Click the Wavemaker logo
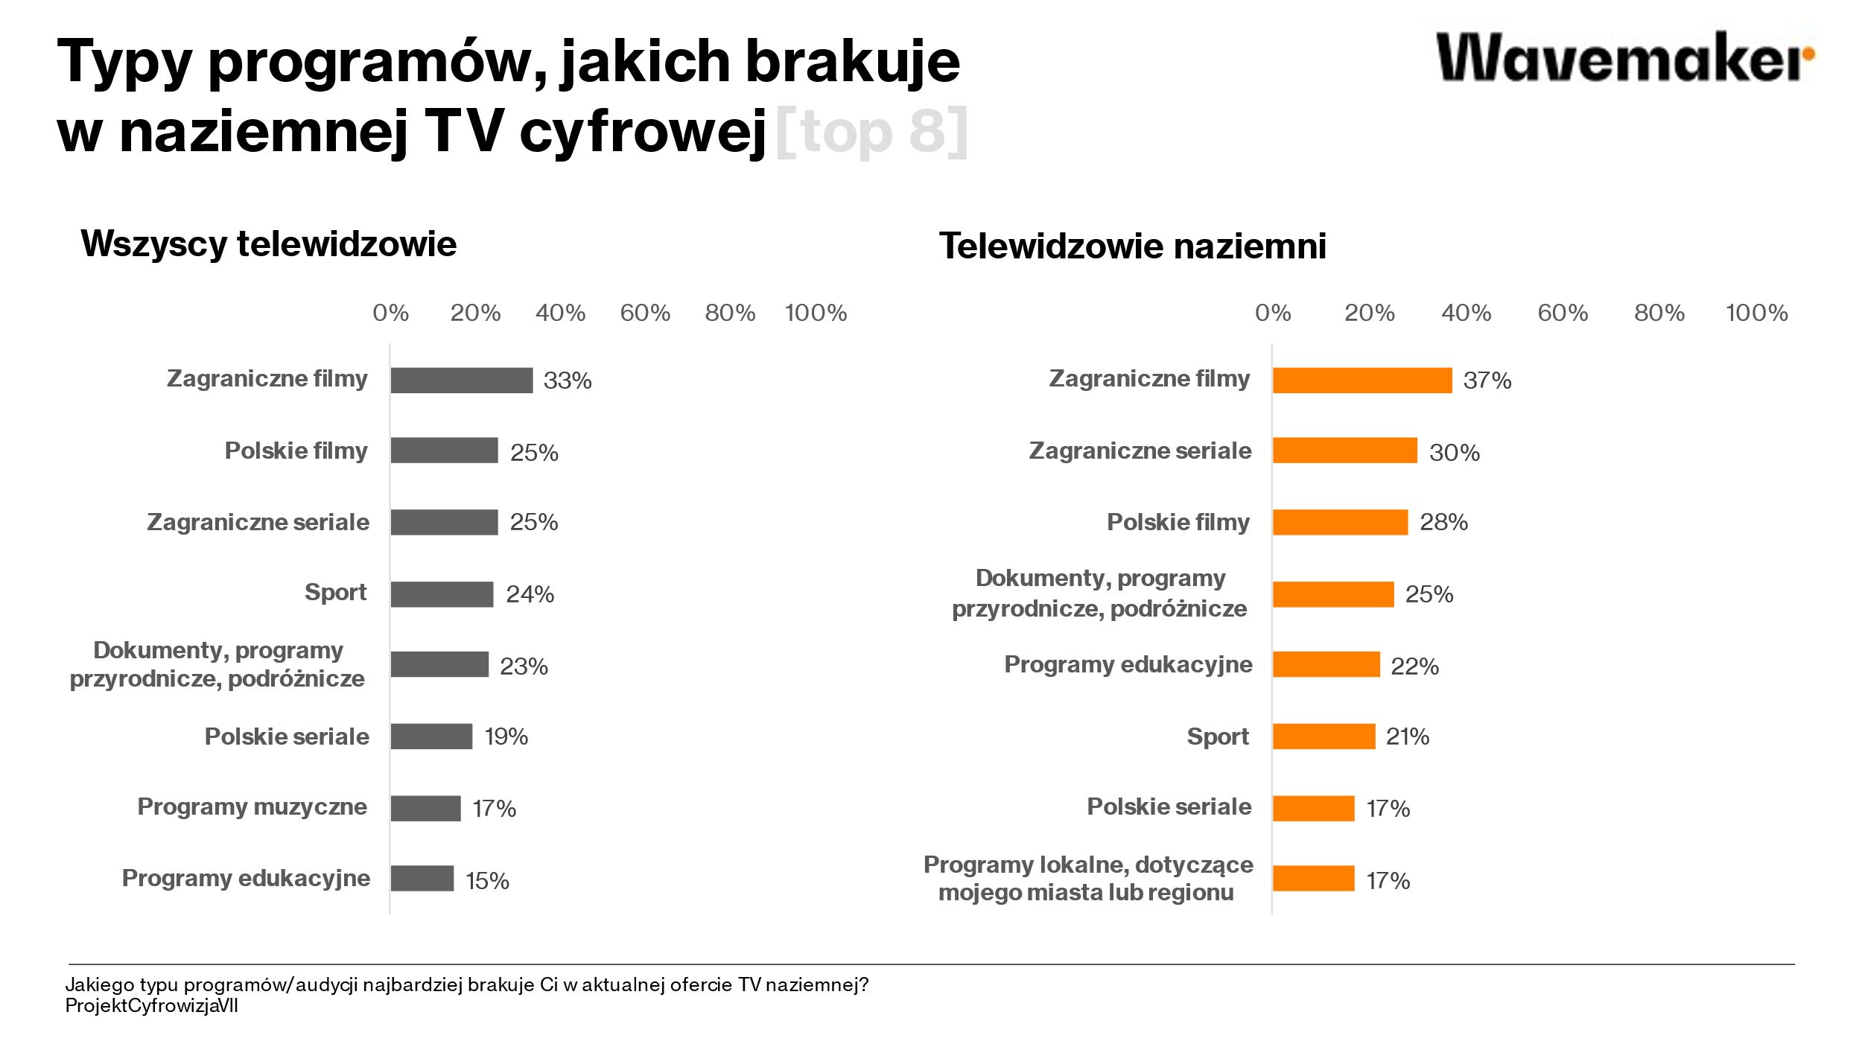[x=1624, y=57]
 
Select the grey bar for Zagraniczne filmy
[x=461, y=380]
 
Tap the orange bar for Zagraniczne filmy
[x=1361, y=380]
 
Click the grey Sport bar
[x=442, y=594]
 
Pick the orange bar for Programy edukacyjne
[x=1326, y=664]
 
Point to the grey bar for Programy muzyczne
[x=425, y=808]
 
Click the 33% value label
[x=568, y=381]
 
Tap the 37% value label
[x=1487, y=381]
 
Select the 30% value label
[x=1454, y=453]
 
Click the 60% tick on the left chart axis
[x=645, y=313]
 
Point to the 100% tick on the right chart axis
[x=1756, y=313]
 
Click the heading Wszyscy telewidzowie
[x=269, y=244]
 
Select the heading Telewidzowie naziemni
[x=1132, y=246]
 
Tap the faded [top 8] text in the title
[x=871, y=132]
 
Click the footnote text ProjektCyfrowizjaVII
[x=152, y=1006]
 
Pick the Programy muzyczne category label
[x=252, y=806]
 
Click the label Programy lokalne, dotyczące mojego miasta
[x=1087, y=878]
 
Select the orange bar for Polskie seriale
[x=1313, y=808]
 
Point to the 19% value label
[x=506, y=736]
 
